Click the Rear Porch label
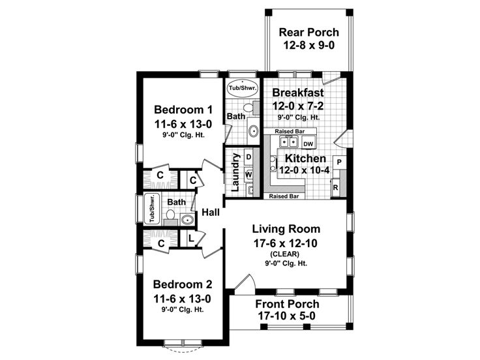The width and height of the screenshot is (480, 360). coord(308,32)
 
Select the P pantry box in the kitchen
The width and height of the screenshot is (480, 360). coord(339,162)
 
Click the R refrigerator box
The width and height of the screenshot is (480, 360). coord(335,187)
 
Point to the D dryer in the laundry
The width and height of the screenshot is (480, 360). coord(248,157)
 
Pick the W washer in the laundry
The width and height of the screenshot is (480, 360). coord(248,175)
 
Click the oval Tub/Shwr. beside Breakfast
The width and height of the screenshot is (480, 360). coord(243,88)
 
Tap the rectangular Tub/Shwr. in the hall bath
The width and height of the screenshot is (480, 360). coord(152,209)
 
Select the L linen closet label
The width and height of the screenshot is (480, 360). coord(190,237)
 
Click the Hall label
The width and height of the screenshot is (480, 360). coord(211,212)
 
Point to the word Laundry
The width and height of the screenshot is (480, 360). coord(235,172)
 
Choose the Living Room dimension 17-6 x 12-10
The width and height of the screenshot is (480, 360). coord(286,243)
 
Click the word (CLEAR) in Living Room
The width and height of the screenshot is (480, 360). coord(285,254)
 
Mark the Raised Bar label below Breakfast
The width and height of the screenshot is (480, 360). coord(290,131)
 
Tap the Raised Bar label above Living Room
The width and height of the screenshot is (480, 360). coord(284,196)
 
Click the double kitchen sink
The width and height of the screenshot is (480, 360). coord(288,142)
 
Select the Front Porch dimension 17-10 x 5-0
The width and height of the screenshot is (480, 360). coord(286,316)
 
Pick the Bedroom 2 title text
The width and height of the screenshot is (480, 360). coord(183,284)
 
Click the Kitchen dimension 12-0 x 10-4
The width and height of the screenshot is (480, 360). coord(305,170)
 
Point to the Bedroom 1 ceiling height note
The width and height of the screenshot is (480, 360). coord(183,135)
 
